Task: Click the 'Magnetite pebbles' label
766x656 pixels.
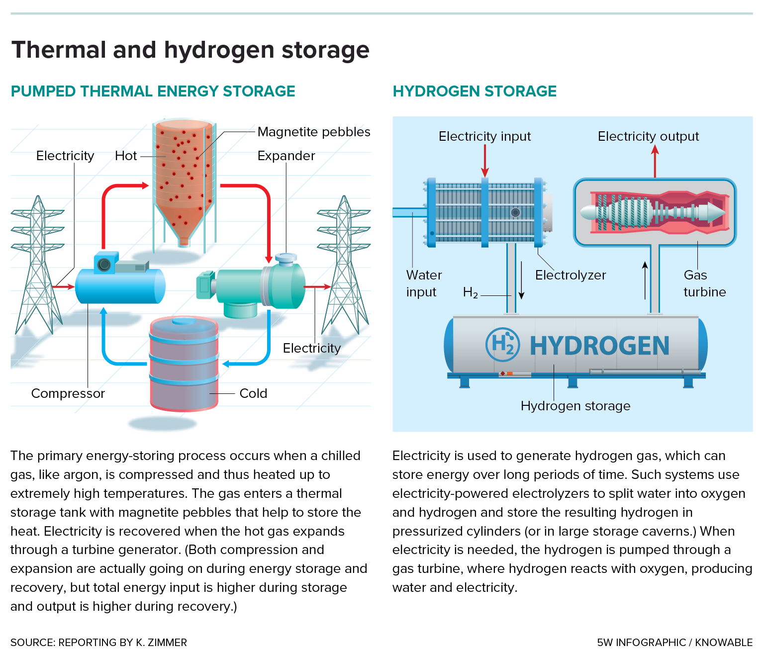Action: pos(313,132)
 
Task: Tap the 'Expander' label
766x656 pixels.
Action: pos(286,156)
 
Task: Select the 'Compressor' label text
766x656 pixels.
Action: pos(68,393)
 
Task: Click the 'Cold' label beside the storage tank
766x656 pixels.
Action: pos(253,393)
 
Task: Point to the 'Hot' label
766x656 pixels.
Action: pos(126,156)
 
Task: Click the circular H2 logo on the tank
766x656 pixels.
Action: pos(502,344)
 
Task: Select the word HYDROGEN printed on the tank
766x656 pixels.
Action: pos(599,346)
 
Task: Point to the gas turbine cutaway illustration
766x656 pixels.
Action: pos(655,212)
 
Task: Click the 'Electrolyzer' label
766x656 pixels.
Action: pos(571,275)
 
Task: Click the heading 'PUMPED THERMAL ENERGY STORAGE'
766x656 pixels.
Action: pos(153,92)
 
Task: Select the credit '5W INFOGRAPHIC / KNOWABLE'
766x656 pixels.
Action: pos(674,643)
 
